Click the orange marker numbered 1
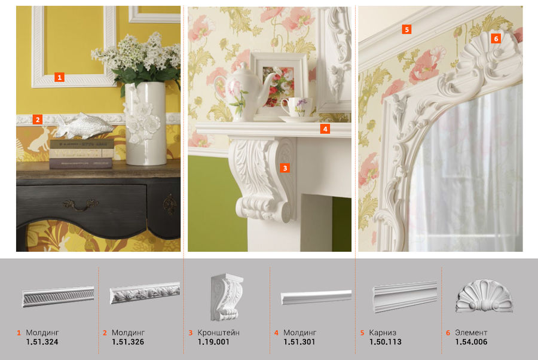point(59,77)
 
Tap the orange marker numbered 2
point(38,120)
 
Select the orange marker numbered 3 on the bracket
point(285,168)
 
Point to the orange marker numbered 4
point(325,129)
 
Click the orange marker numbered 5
point(406,29)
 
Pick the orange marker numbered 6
point(496,38)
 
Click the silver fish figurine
point(84,126)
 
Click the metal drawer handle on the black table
point(80,205)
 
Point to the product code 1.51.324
point(42,342)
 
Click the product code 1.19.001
point(213,342)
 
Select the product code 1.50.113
point(386,342)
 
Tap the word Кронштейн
point(219,332)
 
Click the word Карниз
point(383,332)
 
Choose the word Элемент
point(471,332)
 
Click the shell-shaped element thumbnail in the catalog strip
point(484,296)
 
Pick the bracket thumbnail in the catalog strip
point(227,297)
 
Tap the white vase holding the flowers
point(145,124)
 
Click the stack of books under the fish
point(81,154)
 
